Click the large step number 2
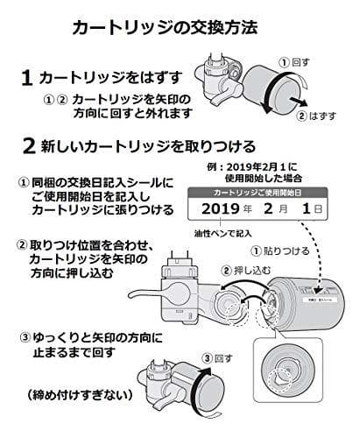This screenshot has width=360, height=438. (29, 145)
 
